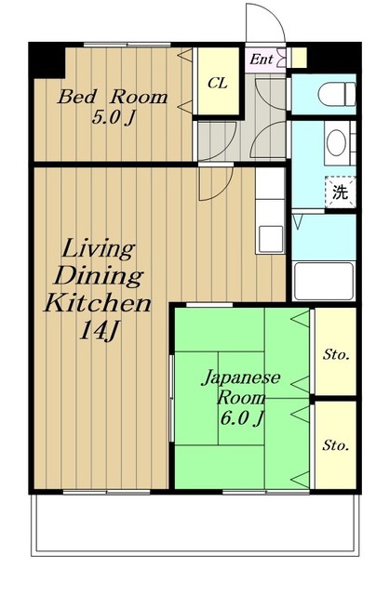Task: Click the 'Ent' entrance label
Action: click(262, 59)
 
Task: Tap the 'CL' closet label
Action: click(218, 83)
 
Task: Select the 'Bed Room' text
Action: click(113, 97)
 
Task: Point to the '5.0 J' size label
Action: click(113, 118)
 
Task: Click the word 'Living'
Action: click(99, 250)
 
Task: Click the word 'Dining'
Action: click(99, 277)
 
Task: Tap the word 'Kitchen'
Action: click(98, 303)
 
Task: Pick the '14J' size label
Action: click(99, 331)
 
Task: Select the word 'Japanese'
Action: click(241, 378)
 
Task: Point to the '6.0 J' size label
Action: click(242, 417)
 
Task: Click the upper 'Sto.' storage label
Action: click(336, 355)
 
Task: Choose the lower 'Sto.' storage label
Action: click(335, 445)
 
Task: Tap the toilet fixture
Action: click(337, 95)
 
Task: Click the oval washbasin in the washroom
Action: click(336, 142)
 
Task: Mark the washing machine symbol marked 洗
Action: click(340, 192)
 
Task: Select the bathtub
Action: click(324, 281)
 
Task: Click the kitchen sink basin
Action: click(271, 239)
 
